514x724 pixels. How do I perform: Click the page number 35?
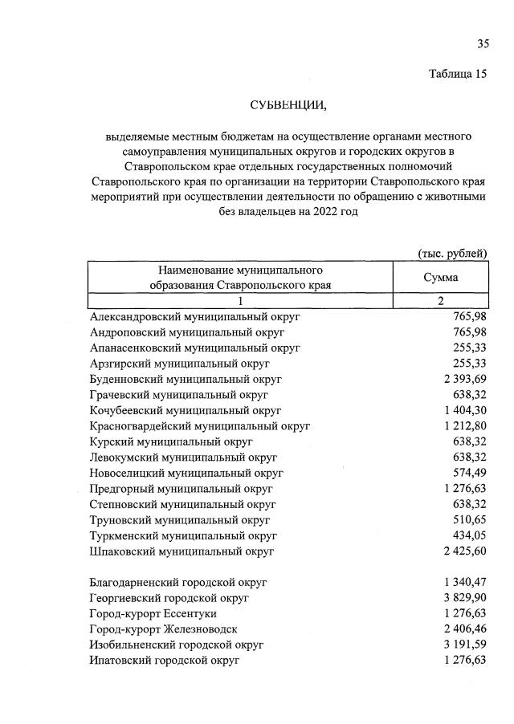(483, 43)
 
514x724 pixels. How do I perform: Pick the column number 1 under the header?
(239, 301)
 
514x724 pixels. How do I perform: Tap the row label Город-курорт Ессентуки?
(161, 613)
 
